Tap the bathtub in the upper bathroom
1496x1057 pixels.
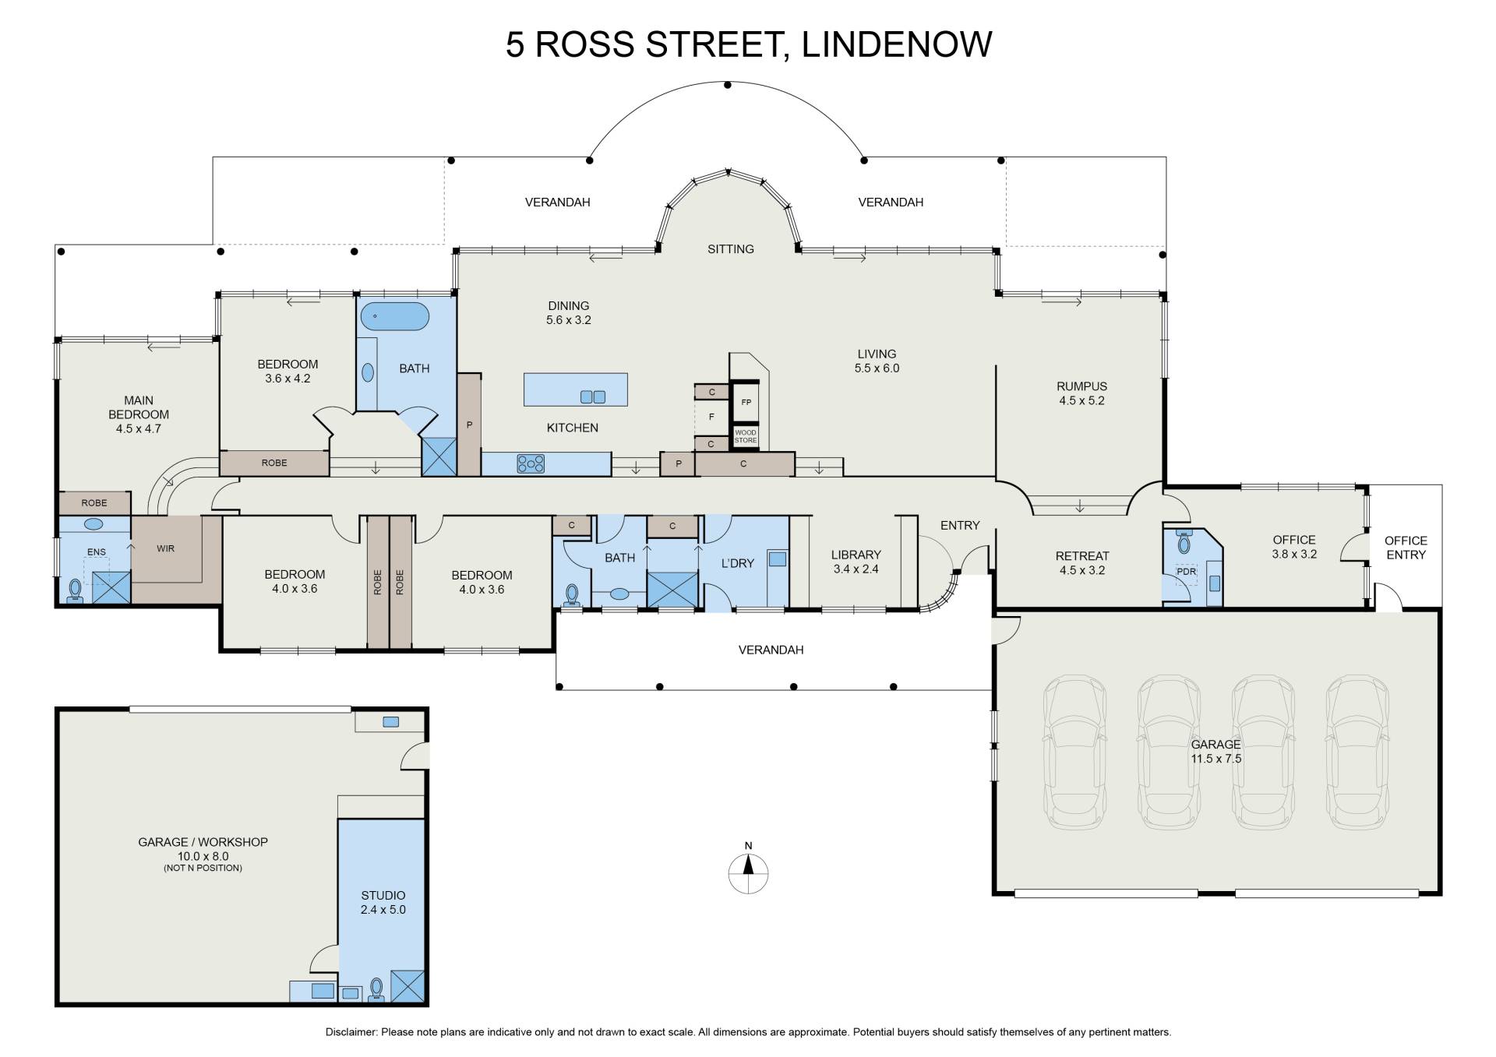coord(395,316)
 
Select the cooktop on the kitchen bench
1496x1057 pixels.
coord(531,464)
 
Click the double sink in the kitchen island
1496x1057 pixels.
coord(593,397)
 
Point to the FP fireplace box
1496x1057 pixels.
coord(746,403)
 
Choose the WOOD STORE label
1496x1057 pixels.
coord(746,436)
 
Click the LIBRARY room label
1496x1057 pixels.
coord(856,555)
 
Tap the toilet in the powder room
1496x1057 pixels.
coord(1184,542)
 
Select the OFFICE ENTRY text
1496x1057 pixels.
coord(1406,548)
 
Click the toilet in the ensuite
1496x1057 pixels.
coord(75,590)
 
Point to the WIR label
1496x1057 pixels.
coord(165,548)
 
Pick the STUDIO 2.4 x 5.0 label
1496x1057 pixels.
coord(383,902)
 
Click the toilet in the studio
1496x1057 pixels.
coord(377,988)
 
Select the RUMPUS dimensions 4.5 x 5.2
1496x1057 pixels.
coord(1081,400)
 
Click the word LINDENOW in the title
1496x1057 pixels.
coord(897,44)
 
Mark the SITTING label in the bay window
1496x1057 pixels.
coord(730,249)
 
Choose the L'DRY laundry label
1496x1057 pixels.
coord(737,563)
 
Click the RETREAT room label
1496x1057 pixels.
coord(1081,556)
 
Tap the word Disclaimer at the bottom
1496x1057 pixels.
coord(351,1032)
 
